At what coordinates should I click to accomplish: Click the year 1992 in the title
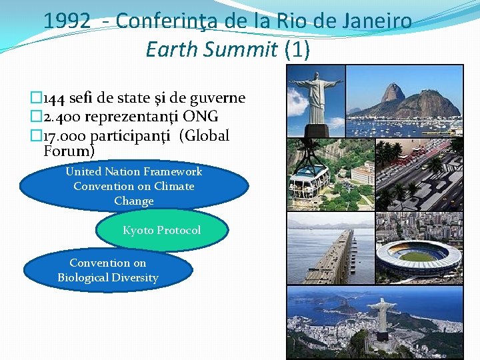(x=67, y=21)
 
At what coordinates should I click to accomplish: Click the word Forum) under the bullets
(x=69, y=151)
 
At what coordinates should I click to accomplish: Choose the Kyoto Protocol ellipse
(x=161, y=231)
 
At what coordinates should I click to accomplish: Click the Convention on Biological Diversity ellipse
(x=108, y=270)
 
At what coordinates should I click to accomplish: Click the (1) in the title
(x=297, y=49)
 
